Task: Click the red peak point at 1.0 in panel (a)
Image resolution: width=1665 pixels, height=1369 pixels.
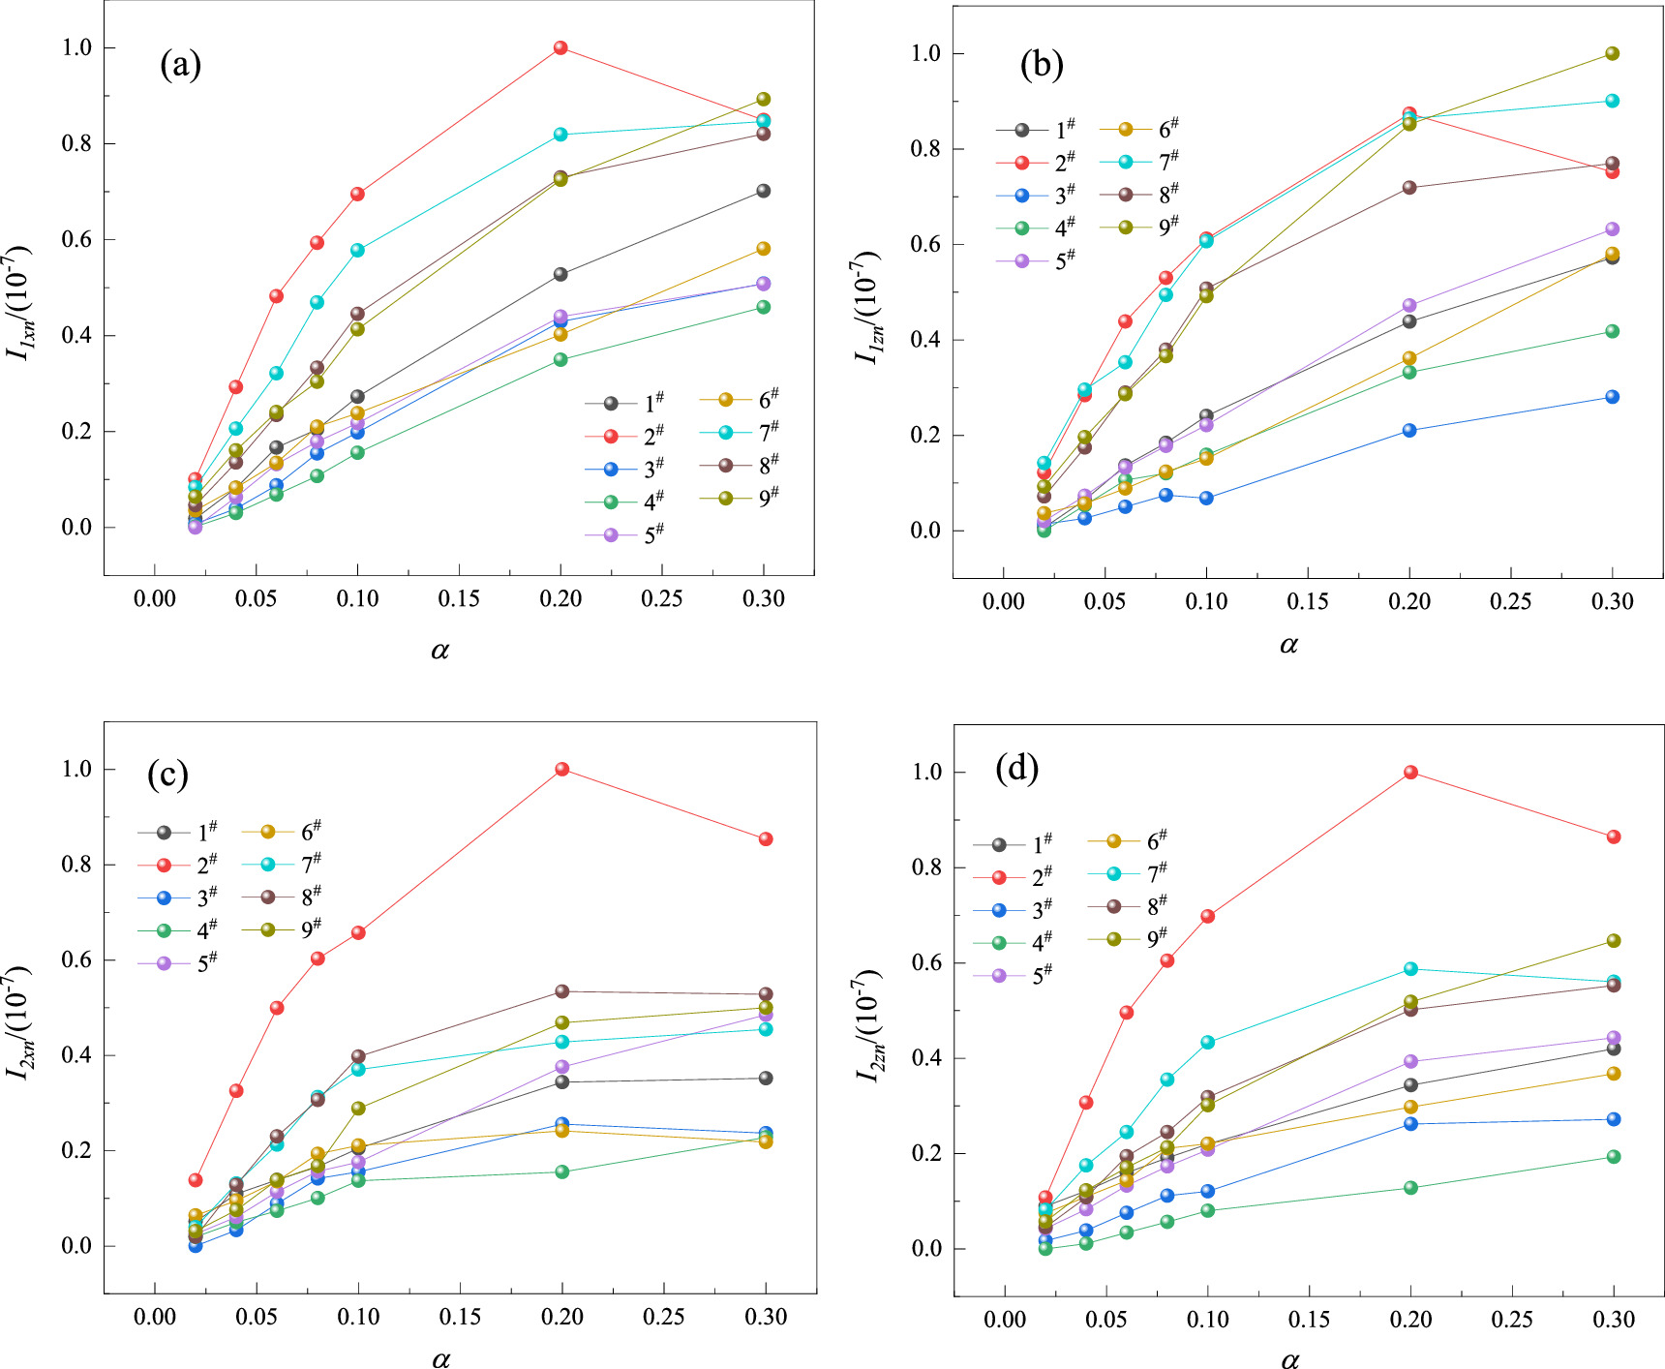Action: (x=560, y=47)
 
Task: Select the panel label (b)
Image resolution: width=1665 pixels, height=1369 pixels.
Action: (x=1042, y=64)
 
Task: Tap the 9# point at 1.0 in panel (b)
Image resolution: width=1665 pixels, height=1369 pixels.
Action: (x=1612, y=53)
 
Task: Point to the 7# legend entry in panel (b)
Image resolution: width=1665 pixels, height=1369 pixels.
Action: (x=1142, y=162)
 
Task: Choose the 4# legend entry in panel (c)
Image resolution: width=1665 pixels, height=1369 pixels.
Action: (x=180, y=929)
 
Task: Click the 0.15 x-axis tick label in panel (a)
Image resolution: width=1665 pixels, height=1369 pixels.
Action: (x=459, y=599)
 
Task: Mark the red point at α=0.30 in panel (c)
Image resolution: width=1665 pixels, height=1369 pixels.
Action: (x=766, y=839)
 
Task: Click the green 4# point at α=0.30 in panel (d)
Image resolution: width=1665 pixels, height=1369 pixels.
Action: (x=1614, y=1157)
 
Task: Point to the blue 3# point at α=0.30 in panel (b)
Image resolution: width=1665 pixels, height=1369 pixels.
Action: (x=1612, y=397)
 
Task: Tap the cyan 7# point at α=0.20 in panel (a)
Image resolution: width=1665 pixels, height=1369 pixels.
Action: (x=560, y=135)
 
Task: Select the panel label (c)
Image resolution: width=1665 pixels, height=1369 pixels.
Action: (x=167, y=774)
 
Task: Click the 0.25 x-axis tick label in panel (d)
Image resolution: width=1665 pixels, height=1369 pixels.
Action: (x=1511, y=1320)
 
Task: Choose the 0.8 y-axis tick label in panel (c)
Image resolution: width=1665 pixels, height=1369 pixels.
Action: (x=76, y=865)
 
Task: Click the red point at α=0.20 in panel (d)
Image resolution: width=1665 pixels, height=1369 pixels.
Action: (x=1410, y=773)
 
